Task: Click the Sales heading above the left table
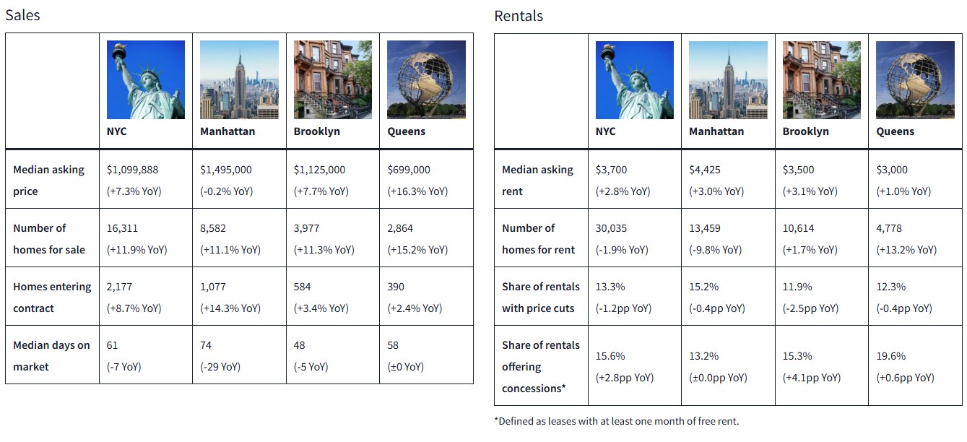22,15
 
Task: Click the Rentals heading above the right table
518,16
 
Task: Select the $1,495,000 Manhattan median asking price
226,170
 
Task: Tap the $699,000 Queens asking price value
409,170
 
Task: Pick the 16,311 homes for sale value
123,228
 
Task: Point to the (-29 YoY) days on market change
220,367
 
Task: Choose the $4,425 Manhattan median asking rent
704,170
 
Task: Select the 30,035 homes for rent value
611,228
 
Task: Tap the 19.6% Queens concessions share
890,356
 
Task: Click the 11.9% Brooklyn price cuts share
797,287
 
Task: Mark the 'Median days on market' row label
51,355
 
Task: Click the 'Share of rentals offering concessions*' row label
540,366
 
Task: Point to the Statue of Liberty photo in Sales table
146,79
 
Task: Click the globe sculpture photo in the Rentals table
914,79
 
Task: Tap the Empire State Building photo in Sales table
239,79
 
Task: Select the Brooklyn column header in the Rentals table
805,131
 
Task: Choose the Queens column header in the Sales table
406,131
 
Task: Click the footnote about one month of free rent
616,421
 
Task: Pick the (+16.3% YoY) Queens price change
417,191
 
